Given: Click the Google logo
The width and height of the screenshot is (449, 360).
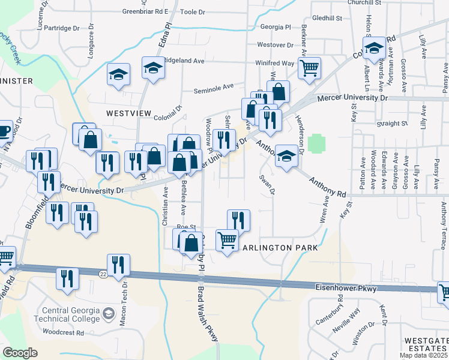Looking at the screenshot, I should pyautogui.click(x=20, y=352).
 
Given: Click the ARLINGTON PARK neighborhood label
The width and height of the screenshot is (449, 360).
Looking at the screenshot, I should pyautogui.click(x=279, y=248).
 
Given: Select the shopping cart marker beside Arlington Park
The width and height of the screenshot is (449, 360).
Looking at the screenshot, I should pyautogui.click(x=227, y=241).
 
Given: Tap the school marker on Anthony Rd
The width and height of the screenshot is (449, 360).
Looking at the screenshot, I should pyautogui.click(x=286, y=157).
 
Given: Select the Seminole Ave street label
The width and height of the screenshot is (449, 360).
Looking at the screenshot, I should pyautogui.click(x=213, y=86).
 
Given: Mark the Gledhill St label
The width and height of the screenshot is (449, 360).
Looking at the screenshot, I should pyautogui.click(x=327, y=19).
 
